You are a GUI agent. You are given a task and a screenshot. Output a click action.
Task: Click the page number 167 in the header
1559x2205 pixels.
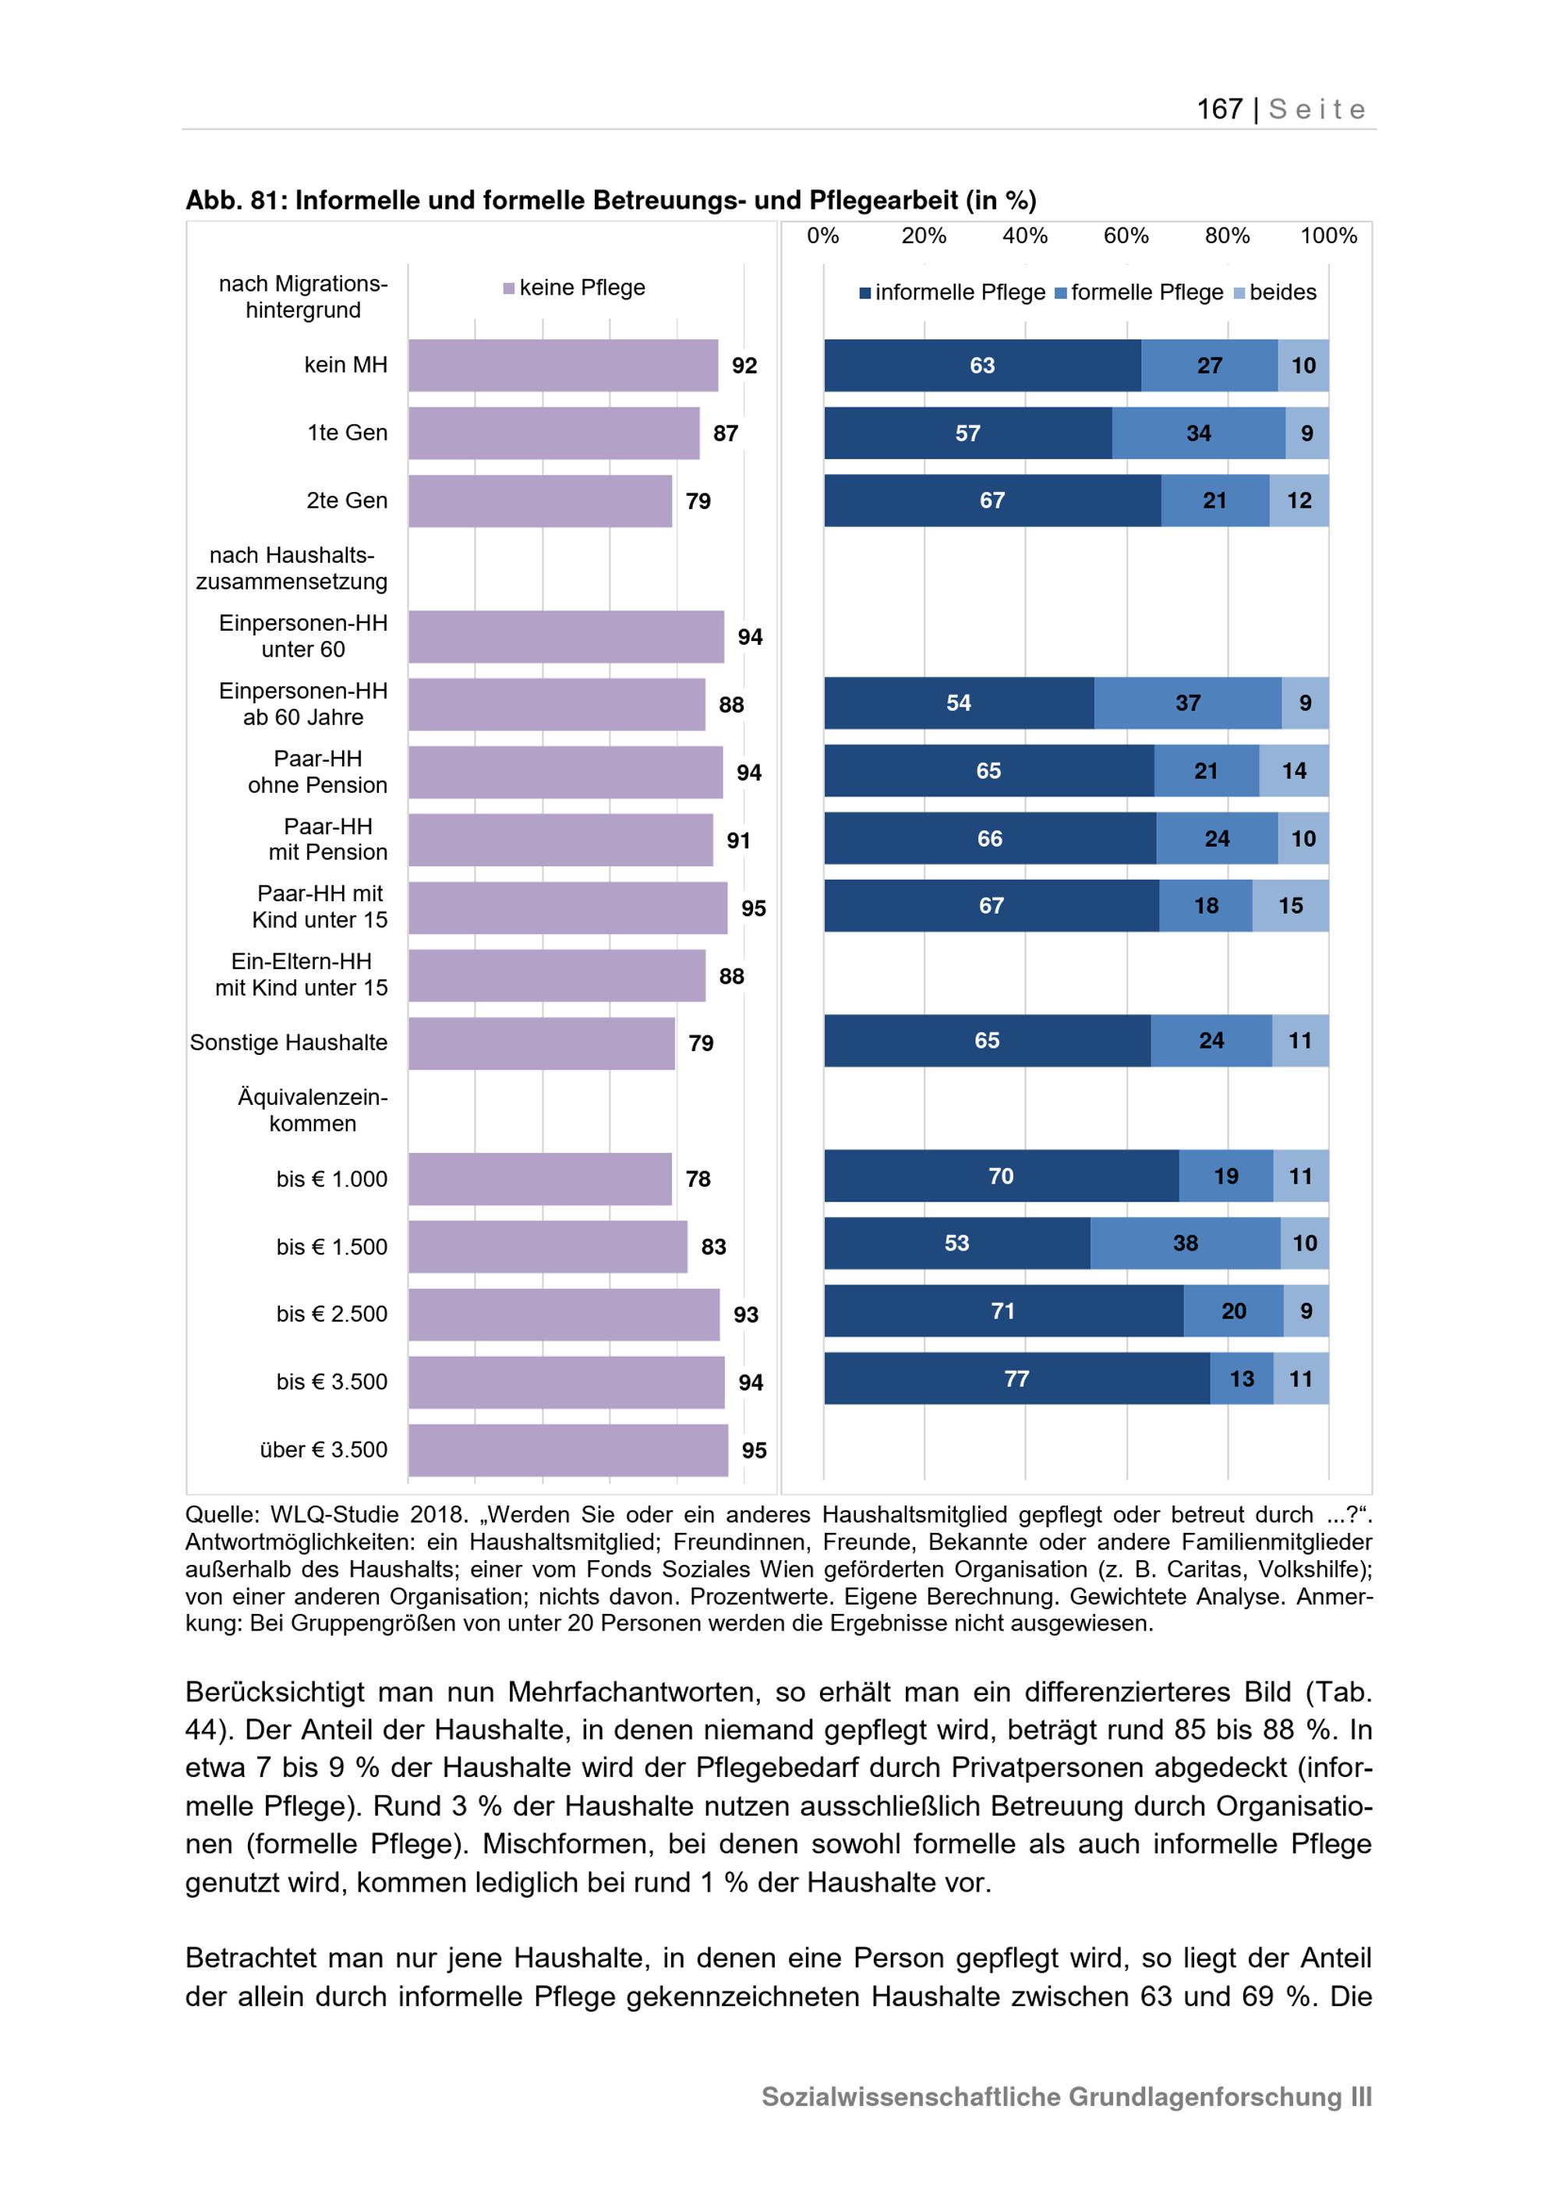pyautogui.click(x=1219, y=109)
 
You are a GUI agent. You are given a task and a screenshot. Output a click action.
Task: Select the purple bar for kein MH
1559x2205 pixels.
pyautogui.click(x=564, y=365)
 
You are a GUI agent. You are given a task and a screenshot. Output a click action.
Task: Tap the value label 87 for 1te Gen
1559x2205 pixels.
pyautogui.click(x=726, y=434)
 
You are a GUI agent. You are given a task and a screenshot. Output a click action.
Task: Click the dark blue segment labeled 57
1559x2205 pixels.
pyautogui.click(x=967, y=434)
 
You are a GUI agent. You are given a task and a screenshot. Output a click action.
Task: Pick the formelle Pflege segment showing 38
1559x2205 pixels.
pyautogui.click(x=1186, y=1244)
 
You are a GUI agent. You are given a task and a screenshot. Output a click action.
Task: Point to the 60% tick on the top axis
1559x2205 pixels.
pyautogui.click(x=1126, y=236)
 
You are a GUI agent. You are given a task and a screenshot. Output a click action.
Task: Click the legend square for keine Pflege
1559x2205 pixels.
pyautogui.click(x=510, y=288)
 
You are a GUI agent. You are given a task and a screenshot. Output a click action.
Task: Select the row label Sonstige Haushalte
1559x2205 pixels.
pyautogui.click(x=289, y=1043)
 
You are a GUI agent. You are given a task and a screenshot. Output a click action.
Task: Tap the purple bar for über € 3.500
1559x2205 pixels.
pyautogui.click(x=568, y=1450)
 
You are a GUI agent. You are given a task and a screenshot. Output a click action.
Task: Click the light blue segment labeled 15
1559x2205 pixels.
pyautogui.click(x=1291, y=906)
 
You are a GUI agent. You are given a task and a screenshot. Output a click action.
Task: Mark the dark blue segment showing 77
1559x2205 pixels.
pyautogui.click(x=1016, y=1379)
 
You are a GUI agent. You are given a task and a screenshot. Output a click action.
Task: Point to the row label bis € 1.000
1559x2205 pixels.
pyautogui.click(x=332, y=1180)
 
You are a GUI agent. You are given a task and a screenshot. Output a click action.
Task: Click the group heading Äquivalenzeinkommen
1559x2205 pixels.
pyautogui.click(x=313, y=1110)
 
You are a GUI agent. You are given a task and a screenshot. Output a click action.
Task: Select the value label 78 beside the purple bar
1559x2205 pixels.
pyautogui.click(x=698, y=1180)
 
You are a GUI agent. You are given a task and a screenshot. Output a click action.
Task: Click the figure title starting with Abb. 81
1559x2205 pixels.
pyautogui.click(x=611, y=200)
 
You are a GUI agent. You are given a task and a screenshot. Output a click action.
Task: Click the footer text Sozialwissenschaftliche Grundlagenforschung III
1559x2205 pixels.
pyautogui.click(x=1067, y=2097)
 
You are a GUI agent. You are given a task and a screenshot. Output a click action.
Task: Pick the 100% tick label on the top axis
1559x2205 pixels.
pyautogui.click(x=1328, y=236)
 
